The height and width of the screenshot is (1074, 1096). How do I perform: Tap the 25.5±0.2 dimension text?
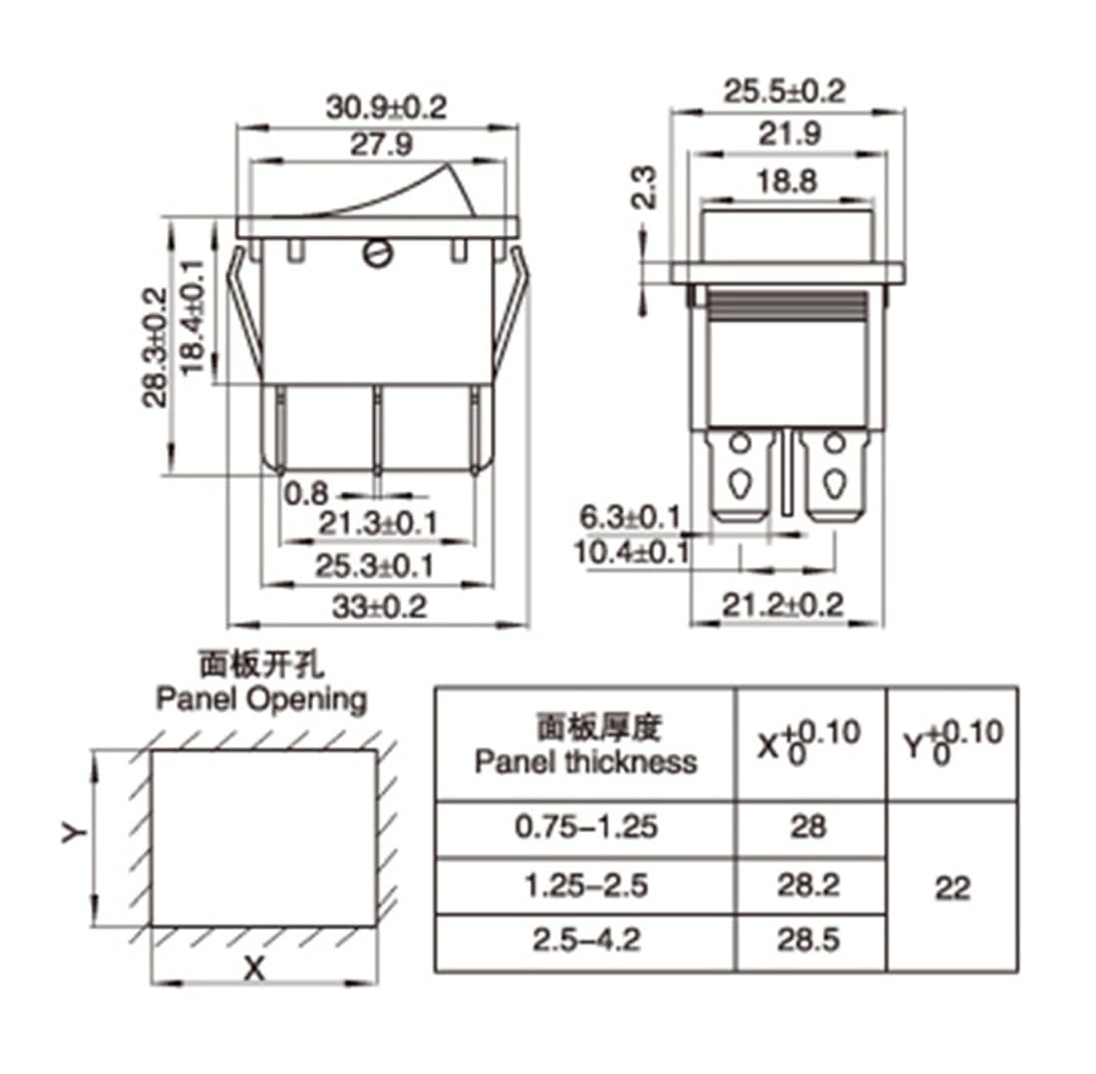tap(784, 92)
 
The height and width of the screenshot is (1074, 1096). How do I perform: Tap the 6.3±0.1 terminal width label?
tap(629, 518)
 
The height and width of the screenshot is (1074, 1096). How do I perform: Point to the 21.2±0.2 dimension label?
tap(783, 604)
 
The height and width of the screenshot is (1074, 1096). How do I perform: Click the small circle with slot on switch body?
tap(377, 255)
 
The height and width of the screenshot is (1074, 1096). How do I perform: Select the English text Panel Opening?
tap(261, 699)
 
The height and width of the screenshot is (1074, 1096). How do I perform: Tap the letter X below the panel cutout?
tap(255, 967)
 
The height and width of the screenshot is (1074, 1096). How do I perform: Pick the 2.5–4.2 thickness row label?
tap(585, 939)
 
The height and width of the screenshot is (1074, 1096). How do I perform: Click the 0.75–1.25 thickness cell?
tap(585, 827)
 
